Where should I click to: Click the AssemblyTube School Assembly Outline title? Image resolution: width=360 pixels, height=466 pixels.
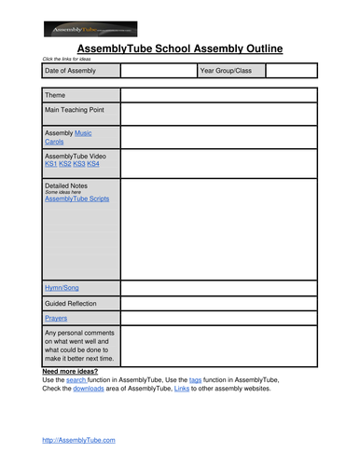(179, 48)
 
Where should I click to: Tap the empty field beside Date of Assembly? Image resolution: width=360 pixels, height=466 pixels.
(158, 71)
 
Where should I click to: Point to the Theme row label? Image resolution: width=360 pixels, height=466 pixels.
(55, 95)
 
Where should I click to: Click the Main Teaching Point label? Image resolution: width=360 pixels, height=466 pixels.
(75, 110)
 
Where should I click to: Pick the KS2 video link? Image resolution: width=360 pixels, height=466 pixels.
(64, 164)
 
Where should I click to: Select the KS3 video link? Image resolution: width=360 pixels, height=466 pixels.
(78, 164)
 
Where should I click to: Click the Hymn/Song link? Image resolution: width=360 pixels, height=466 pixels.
(62, 288)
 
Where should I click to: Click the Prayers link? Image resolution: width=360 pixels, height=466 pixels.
(56, 318)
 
